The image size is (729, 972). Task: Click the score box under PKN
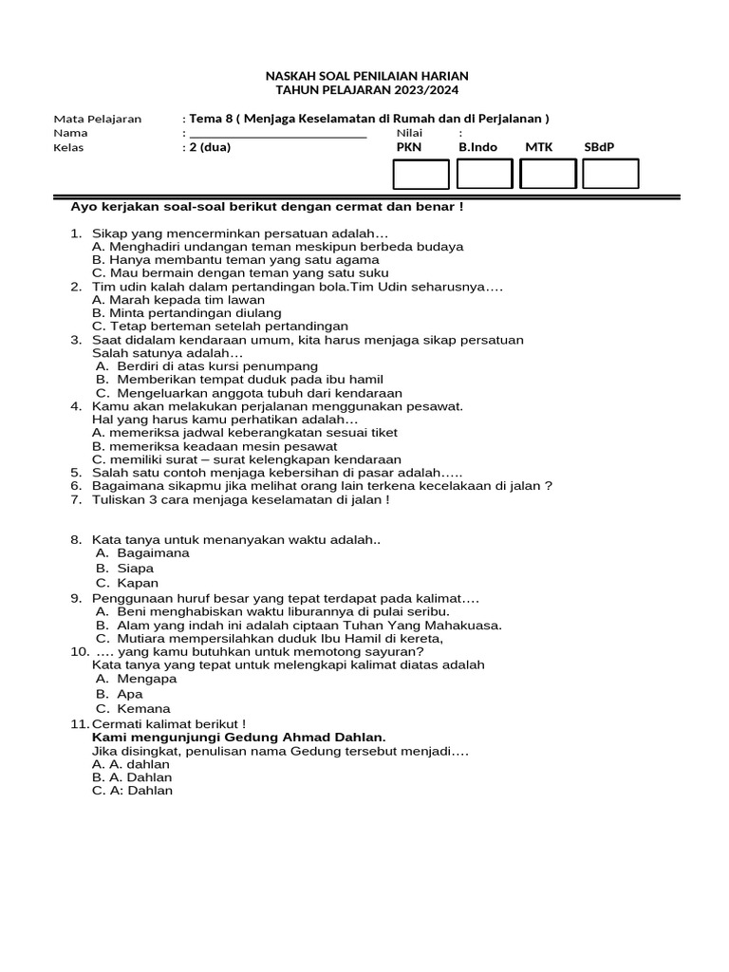coord(421,174)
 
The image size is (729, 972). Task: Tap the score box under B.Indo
coord(484,174)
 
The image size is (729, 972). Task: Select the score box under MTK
coord(548,174)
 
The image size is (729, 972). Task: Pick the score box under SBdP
coord(610,174)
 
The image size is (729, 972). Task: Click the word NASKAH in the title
coord(289,75)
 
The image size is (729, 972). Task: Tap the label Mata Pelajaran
coord(97,119)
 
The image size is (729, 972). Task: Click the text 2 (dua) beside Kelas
coord(210,147)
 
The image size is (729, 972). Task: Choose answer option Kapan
coord(138,583)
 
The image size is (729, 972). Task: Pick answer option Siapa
coord(135,568)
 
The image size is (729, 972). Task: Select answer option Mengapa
coord(147,679)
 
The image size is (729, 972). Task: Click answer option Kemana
coord(144,708)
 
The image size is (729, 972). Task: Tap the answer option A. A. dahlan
coord(131,763)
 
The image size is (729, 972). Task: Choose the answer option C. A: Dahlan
coord(132,790)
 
